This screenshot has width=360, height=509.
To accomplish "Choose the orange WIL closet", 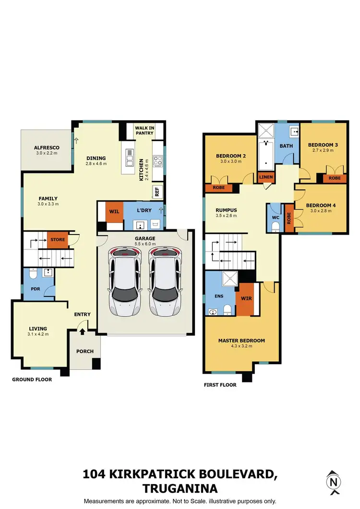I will [x=114, y=211].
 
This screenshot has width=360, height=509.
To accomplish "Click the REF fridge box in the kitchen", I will [x=157, y=191].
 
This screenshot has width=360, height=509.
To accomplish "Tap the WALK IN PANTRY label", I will [x=144, y=130].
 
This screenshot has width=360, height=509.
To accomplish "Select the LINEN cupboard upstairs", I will [x=265, y=178].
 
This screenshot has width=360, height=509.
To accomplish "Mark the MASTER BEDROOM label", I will [x=241, y=341].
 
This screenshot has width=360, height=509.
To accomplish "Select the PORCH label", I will [x=85, y=351].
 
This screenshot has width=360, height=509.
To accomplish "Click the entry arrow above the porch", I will [x=82, y=331].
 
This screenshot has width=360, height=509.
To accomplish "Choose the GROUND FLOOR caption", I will [x=32, y=379].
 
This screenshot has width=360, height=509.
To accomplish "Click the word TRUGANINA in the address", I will [x=180, y=488].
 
